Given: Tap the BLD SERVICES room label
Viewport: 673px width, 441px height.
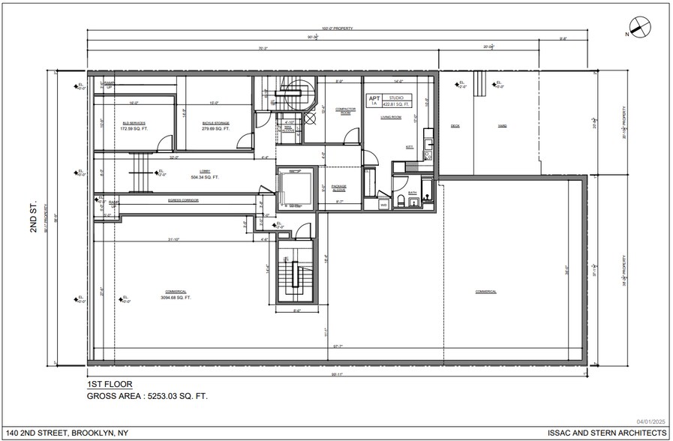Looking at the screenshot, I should pyautogui.click(x=134, y=122).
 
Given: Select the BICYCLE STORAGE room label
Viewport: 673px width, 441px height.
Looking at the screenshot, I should pyautogui.click(x=215, y=122).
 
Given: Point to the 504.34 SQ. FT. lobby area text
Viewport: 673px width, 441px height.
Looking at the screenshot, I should pyautogui.click(x=204, y=178).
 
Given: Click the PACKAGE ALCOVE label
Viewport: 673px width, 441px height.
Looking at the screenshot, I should pyautogui.click(x=339, y=187).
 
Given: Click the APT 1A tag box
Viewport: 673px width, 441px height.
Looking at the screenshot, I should pyautogui.click(x=373, y=100).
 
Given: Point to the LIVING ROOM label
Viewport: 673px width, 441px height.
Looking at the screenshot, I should pyautogui.click(x=391, y=117).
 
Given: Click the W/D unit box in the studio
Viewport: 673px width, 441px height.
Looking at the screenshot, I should pyautogui.click(x=383, y=203).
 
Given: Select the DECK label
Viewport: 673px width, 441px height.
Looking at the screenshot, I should pyautogui.click(x=455, y=126).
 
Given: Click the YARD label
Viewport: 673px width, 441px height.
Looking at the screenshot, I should pyautogui.click(x=502, y=126).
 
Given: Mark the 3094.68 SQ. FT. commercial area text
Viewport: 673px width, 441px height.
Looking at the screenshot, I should pyautogui.click(x=176, y=298).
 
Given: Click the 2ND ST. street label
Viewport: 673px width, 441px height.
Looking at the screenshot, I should pyautogui.click(x=33, y=217).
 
